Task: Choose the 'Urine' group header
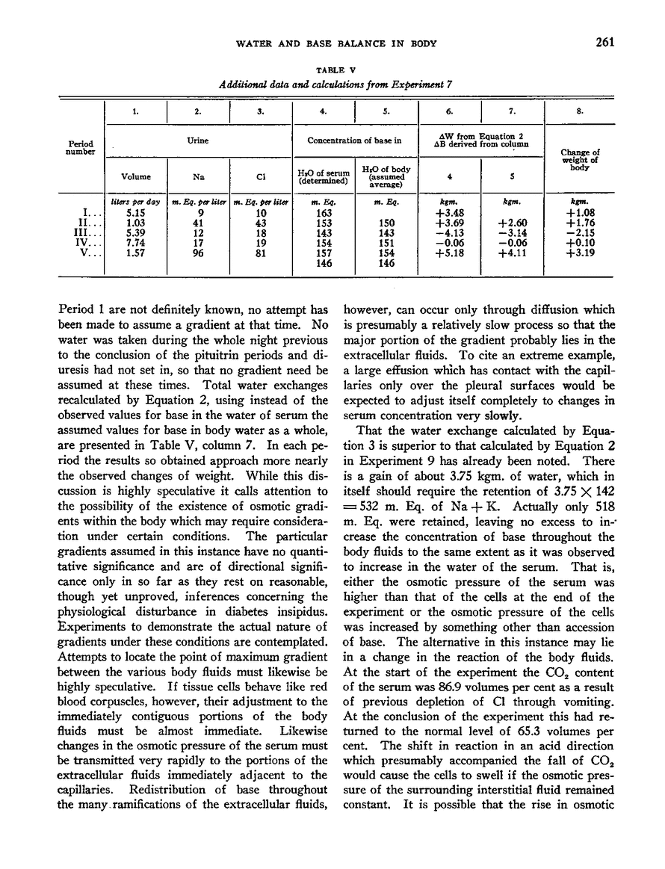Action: [x=197, y=139]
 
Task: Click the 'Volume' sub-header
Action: [x=135, y=177]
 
